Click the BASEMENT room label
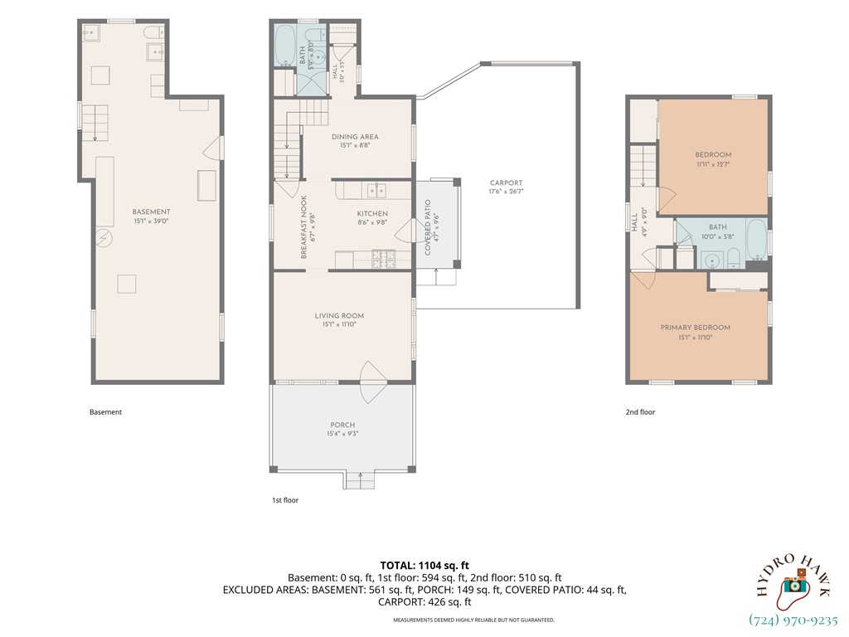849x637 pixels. (x=151, y=212)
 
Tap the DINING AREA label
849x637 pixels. (x=355, y=137)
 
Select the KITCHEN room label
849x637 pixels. (x=372, y=213)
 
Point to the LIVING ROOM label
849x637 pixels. (x=339, y=316)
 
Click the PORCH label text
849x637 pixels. (x=342, y=425)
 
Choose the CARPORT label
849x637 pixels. (x=507, y=183)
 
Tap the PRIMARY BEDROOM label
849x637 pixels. (x=696, y=328)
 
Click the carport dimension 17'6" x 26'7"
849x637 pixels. (x=507, y=192)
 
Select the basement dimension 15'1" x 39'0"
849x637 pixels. (x=151, y=221)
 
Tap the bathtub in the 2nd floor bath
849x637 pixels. (x=757, y=239)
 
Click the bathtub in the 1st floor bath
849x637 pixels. (x=284, y=45)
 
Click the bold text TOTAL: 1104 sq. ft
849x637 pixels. (x=424, y=566)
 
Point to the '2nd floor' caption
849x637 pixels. (x=641, y=412)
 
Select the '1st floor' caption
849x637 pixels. (x=285, y=500)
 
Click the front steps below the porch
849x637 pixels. (x=360, y=480)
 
